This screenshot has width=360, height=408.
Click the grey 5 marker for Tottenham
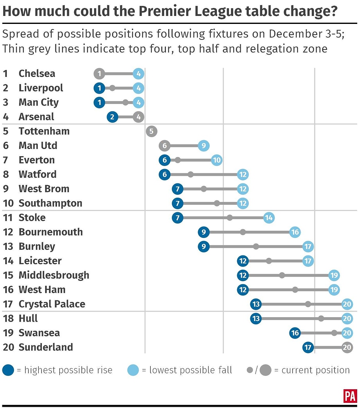click(x=151, y=131)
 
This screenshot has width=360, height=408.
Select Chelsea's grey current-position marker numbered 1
click(x=99, y=74)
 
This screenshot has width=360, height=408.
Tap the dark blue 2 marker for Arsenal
click(x=112, y=117)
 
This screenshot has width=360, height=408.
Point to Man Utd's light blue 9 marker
click(x=204, y=145)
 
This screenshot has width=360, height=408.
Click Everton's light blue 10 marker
click(x=216, y=160)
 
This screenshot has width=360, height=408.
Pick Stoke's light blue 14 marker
click(x=269, y=218)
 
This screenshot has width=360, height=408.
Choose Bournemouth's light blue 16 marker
click(x=295, y=232)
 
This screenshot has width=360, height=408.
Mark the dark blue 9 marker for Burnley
click(x=204, y=246)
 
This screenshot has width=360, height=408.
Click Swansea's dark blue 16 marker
click(x=295, y=333)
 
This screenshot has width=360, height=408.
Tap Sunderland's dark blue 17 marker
click(x=308, y=347)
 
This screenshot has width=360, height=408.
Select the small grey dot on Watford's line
click(x=191, y=174)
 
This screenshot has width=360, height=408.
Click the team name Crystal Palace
click(x=52, y=304)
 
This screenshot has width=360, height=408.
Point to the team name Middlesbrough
click(x=54, y=275)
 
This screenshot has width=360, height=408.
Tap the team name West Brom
click(x=44, y=188)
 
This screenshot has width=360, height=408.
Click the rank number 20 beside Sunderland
click(x=8, y=347)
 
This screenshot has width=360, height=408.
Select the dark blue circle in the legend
click(x=9, y=370)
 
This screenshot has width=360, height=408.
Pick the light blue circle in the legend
click(x=133, y=370)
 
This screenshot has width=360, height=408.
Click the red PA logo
click(x=350, y=396)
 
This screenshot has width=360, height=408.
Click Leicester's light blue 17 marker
click(x=308, y=261)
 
